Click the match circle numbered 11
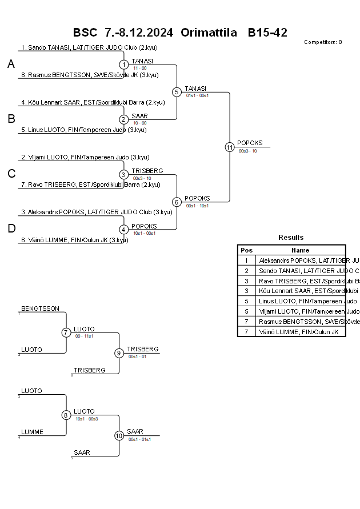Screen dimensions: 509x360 230,147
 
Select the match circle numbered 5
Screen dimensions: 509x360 177,91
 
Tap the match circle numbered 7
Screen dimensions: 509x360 66,332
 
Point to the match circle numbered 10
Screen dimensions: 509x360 119,435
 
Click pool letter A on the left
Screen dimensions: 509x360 11,65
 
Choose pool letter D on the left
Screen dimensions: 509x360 11,229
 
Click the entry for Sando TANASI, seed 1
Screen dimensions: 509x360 89,47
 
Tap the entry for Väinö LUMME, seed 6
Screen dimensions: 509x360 74,240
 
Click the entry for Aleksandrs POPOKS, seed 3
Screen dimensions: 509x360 97,212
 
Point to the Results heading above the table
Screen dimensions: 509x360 291,238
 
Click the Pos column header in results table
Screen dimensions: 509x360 246,250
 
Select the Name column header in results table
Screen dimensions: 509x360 300,250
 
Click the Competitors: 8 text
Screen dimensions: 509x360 323,42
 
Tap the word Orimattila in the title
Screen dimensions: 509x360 209,33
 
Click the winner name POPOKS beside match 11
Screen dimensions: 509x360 250,143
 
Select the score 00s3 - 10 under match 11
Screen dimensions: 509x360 247,151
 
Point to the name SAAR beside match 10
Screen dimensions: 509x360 135,431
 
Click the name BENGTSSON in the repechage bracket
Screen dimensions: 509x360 40,308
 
